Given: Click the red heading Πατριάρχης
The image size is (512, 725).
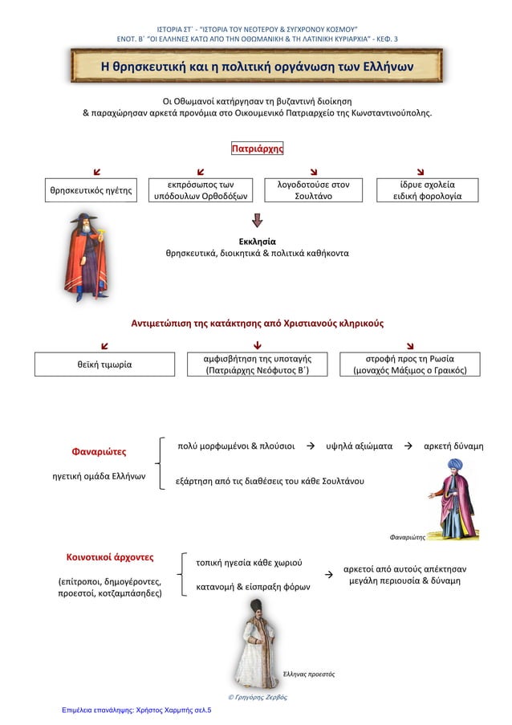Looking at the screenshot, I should tap(257, 149).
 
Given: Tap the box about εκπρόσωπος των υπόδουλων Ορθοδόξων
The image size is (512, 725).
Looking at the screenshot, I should tap(200, 190).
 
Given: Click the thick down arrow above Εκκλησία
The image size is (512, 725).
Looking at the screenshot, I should tap(257, 221).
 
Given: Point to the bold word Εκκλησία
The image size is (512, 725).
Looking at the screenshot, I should tap(257, 240).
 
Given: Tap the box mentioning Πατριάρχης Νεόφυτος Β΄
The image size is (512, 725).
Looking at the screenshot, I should tap(257, 364).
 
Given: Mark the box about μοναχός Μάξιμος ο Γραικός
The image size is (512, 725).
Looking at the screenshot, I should tap(410, 364).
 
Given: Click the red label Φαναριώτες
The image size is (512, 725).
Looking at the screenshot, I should tap(100, 451).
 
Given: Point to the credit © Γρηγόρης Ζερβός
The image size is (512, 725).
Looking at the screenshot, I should tap(258, 698).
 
